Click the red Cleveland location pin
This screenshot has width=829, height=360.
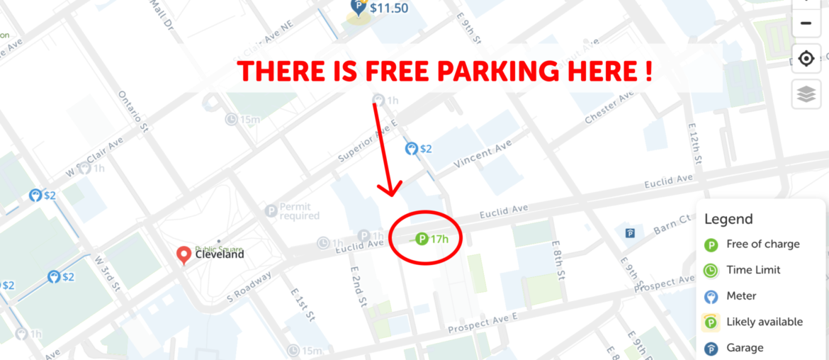point(184,255)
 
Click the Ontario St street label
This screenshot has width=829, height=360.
point(131,110)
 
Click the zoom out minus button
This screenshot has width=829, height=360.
point(806,23)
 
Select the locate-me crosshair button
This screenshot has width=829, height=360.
point(806,58)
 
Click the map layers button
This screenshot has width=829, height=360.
point(806,95)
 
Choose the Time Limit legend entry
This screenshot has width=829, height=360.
point(752,270)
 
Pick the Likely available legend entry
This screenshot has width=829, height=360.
point(764,322)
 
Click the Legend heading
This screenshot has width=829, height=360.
point(728,219)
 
